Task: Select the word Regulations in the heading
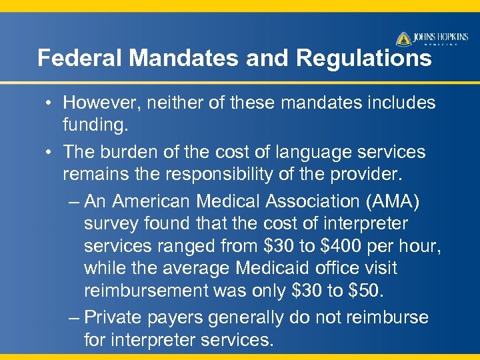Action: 364,59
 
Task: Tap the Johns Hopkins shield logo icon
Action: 403,39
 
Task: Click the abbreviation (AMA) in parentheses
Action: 397,201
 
